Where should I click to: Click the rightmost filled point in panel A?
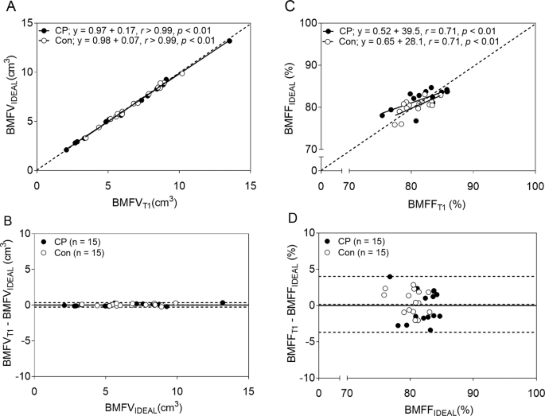(229, 41)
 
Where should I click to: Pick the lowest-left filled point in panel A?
(66, 150)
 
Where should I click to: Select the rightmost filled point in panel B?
(223, 302)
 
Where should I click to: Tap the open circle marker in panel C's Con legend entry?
(329, 40)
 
